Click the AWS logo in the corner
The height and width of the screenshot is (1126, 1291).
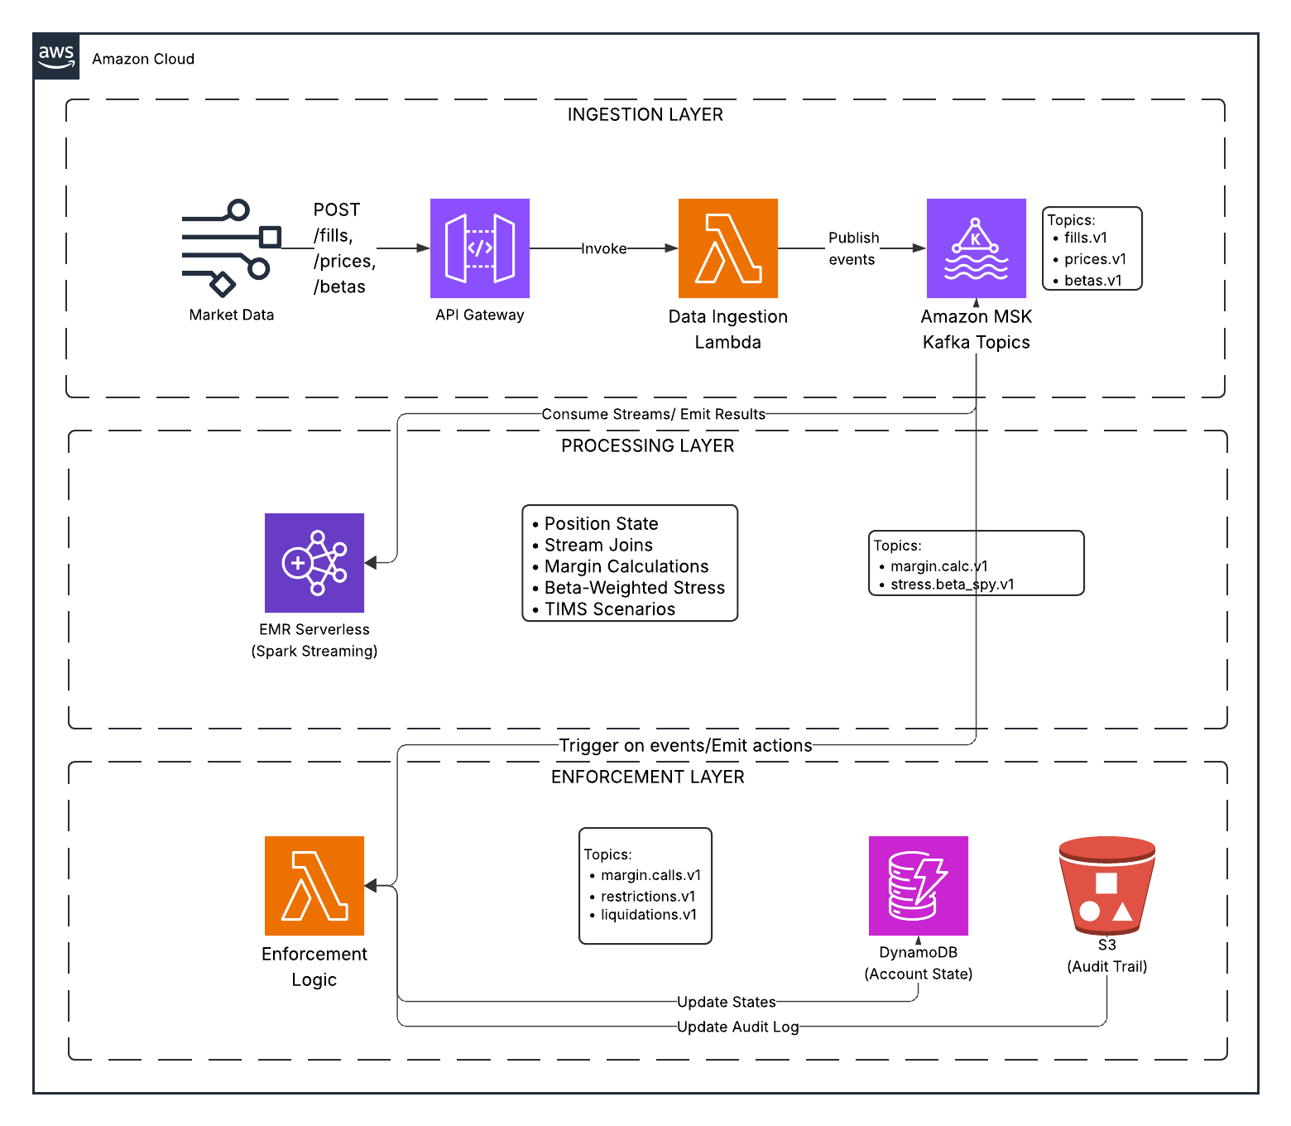56,56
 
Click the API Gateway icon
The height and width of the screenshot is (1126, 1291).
479,248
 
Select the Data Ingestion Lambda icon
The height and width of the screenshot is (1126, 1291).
727,248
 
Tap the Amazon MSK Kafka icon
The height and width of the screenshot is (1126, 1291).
976,248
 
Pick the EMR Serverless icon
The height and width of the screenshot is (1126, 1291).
314,562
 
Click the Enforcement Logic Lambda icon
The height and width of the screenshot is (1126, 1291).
314,885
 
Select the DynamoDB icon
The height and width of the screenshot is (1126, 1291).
918,885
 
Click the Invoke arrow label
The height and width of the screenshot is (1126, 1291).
603,248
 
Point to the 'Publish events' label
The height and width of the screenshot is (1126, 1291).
852,248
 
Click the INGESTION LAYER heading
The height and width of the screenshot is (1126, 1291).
645,114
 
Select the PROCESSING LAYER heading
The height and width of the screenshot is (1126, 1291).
647,445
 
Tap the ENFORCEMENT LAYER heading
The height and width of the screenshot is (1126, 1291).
647,777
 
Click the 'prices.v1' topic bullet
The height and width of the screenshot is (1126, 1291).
1094,259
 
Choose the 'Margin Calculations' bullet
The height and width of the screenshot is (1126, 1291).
626,566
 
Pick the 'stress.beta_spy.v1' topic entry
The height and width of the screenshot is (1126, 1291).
952,585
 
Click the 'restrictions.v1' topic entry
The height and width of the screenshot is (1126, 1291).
647,897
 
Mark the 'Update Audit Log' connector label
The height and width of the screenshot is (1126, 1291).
737,1027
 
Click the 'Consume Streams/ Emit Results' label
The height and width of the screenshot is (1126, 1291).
653,414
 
